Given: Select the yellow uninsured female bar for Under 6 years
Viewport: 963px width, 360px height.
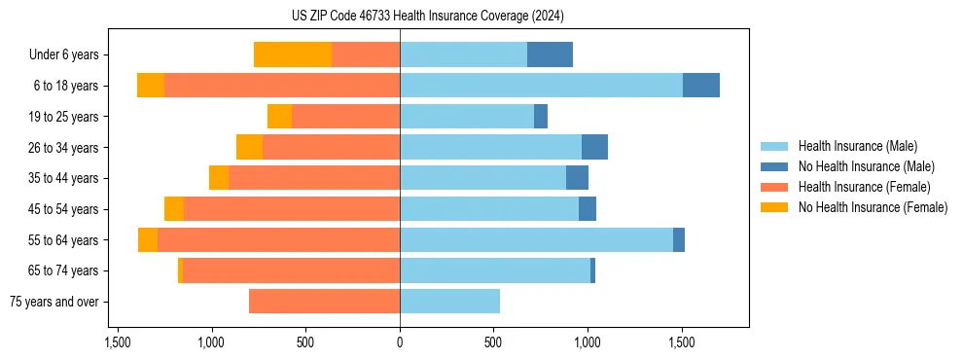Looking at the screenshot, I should [x=293, y=54].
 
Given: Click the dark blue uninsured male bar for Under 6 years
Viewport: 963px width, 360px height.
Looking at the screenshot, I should [x=550, y=54].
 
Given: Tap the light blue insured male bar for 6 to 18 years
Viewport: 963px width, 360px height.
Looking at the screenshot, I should [x=541, y=86].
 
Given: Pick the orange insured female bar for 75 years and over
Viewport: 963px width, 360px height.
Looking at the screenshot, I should [x=324, y=302].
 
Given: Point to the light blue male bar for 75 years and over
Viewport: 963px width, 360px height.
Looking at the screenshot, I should [x=449, y=302].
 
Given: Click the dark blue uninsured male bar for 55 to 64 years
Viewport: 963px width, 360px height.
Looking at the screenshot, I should [x=679, y=239].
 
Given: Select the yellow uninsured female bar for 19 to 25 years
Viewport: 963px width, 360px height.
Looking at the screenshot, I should [x=279, y=117].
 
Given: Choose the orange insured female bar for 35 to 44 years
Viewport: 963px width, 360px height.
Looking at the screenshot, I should [x=314, y=178].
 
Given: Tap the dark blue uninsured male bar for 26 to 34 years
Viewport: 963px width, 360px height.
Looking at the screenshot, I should [x=594, y=147].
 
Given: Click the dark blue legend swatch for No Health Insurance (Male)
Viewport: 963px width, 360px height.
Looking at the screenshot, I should [x=774, y=166].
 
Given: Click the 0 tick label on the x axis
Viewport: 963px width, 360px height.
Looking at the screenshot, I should [x=400, y=342].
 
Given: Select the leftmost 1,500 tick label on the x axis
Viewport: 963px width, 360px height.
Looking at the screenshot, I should [x=118, y=342].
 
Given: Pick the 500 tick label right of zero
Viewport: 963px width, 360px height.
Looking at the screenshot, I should [x=493, y=342].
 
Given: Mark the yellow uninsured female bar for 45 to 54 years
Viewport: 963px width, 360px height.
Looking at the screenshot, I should [x=174, y=209].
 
